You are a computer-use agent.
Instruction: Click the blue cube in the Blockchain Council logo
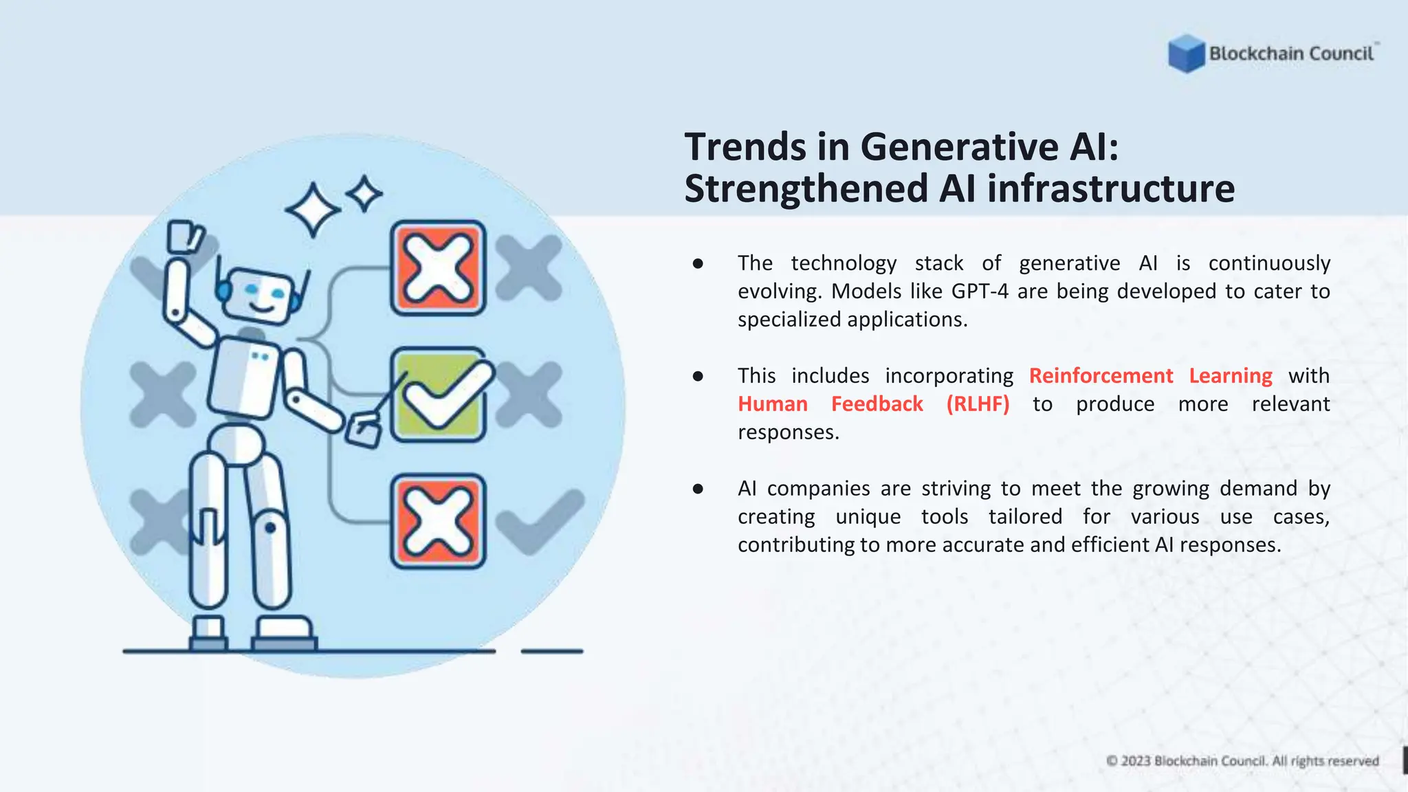pyautogui.click(x=1187, y=54)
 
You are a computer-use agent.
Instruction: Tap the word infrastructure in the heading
pyautogui.click(x=1111, y=188)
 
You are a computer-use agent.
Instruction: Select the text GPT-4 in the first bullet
pyautogui.click(x=980, y=291)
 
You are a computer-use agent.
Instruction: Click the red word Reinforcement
pyautogui.click(x=1101, y=375)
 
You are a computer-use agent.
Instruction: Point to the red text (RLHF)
pyautogui.click(x=978, y=404)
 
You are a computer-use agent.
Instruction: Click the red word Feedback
pyautogui.click(x=877, y=404)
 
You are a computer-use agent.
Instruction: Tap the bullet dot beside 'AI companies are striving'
pyautogui.click(x=698, y=489)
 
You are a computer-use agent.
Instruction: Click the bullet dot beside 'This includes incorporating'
pyautogui.click(x=698, y=376)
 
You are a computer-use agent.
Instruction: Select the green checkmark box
pyautogui.click(x=439, y=395)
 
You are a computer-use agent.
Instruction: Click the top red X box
pyautogui.click(x=439, y=268)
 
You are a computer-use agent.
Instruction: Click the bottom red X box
pyautogui.click(x=439, y=521)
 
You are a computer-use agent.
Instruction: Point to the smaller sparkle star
pyautogui.click(x=364, y=195)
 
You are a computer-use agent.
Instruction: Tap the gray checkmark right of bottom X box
pyautogui.click(x=540, y=521)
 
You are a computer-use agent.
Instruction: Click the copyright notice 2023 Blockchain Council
pyautogui.click(x=1242, y=761)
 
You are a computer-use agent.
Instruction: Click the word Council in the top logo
pyautogui.click(x=1341, y=54)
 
